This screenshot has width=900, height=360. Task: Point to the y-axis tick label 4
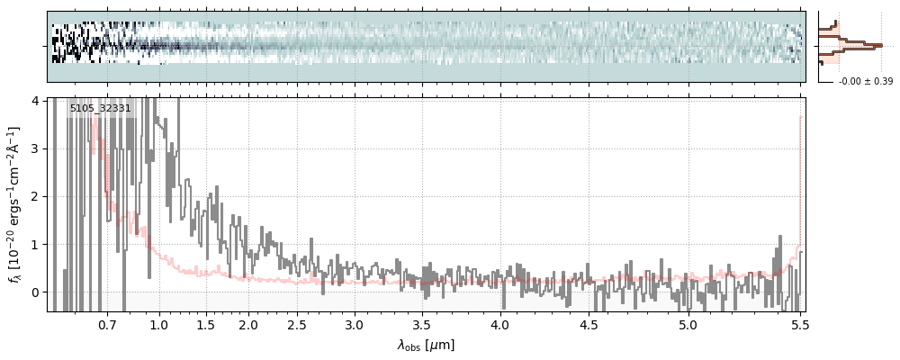(x=34, y=100)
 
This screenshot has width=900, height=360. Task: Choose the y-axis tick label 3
(x=34, y=148)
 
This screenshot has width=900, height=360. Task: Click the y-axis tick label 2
(x=34, y=196)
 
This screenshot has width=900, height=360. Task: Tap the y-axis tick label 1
(x=34, y=244)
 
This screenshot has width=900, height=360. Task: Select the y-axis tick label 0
(x=34, y=292)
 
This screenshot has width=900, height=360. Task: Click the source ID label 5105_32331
(x=101, y=109)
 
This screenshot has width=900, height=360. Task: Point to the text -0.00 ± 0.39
(x=865, y=82)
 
